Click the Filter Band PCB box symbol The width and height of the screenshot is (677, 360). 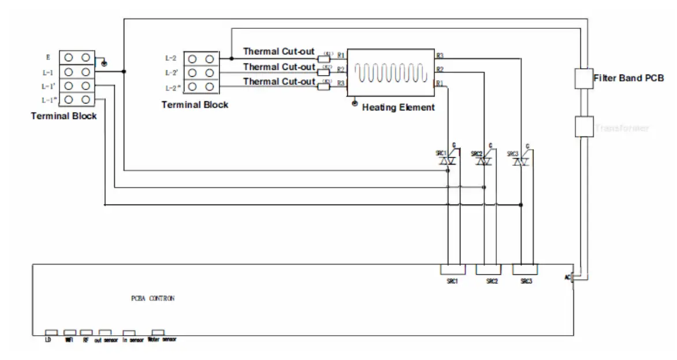(583, 78)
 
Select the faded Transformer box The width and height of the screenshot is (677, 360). (583, 126)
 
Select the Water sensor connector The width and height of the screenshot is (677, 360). (157, 332)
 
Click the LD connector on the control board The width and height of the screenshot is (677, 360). (51, 332)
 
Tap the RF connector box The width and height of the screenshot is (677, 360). (86, 332)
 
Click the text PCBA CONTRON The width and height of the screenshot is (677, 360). (152, 299)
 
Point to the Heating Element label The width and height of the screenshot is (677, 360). (398, 107)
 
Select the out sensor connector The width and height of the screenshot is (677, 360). (105, 332)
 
